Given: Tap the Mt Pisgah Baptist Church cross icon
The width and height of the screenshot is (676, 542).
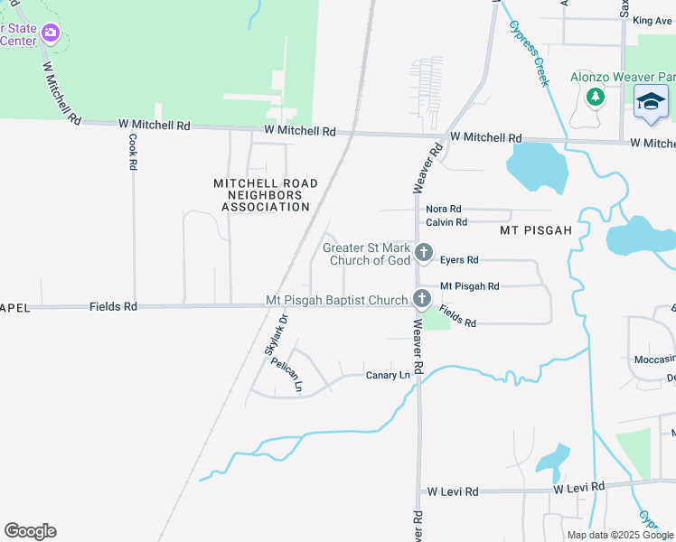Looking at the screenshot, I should [421, 299].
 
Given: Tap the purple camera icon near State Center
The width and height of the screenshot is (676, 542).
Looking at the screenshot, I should [51, 34].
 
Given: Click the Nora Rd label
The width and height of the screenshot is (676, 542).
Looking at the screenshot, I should [444, 209].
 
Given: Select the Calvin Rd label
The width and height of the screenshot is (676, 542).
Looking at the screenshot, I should [446, 222].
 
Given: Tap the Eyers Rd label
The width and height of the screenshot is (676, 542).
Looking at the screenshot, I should [459, 260].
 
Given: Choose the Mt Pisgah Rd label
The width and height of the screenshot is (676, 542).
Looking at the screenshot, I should [469, 286].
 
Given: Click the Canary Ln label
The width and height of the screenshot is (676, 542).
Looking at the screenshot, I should [388, 375].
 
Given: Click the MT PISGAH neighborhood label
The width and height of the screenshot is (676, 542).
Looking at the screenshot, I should [536, 230].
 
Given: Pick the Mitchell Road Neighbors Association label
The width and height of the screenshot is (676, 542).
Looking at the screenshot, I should [266, 195].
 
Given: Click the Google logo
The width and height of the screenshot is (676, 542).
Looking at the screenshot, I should [30, 531].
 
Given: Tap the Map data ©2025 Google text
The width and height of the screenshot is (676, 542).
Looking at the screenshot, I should [620, 535].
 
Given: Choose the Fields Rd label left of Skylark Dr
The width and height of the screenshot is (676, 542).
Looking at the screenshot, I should [113, 307].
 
